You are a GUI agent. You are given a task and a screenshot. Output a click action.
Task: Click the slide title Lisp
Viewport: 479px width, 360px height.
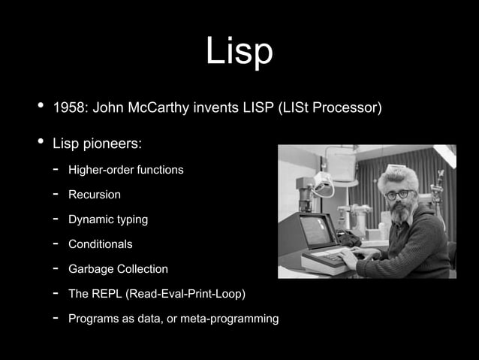[239, 52]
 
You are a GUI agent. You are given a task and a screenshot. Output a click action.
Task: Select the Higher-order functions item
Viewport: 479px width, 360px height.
[125, 170]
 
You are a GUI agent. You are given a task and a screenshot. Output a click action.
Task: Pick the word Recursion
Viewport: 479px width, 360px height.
[94, 195]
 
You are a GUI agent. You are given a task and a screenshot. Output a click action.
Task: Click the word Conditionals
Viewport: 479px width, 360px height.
[100, 244]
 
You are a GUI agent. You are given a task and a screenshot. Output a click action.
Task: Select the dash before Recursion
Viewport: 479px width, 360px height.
[55, 195]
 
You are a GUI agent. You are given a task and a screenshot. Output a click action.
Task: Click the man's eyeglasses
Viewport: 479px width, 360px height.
[398, 194]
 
